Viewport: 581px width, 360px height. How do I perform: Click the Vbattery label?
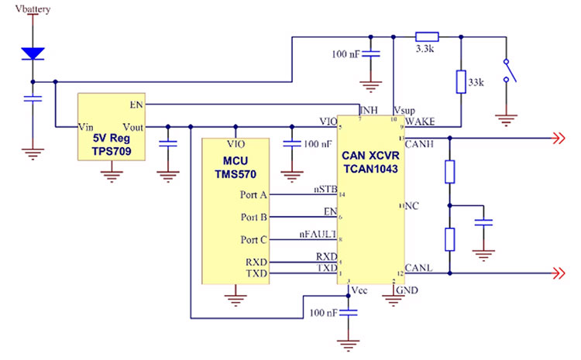(x=31, y=9)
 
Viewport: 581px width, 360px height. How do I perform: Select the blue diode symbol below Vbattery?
(x=32, y=53)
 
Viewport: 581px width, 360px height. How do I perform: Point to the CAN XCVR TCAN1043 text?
(x=370, y=162)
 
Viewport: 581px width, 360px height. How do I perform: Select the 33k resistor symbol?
(x=461, y=82)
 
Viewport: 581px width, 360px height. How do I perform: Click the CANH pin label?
(x=419, y=143)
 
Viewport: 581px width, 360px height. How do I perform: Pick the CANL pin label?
(x=419, y=268)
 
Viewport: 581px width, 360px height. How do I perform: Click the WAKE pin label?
(x=419, y=122)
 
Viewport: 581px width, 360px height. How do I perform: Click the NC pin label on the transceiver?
(x=412, y=207)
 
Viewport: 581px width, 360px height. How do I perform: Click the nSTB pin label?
(x=325, y=188)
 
